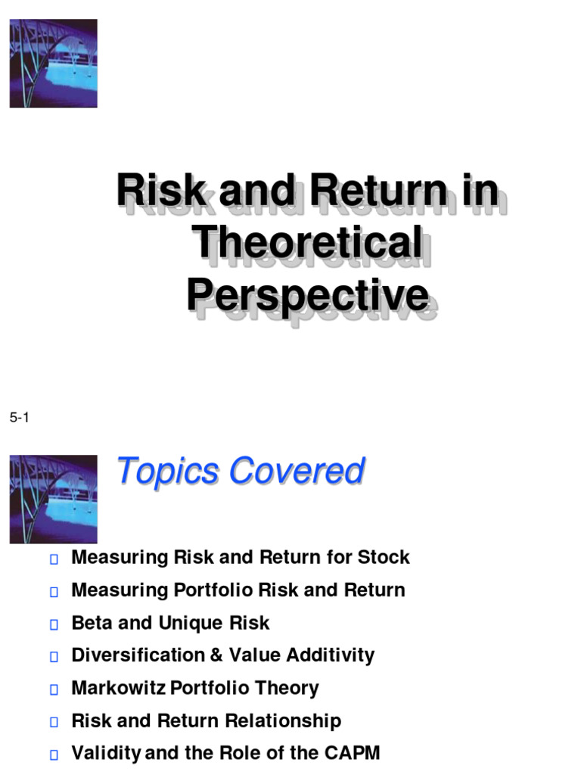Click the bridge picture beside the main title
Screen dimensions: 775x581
pyautogui.click(x=53, y=64)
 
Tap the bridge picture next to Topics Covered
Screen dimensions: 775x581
pyautogui.click(x=53, y=499)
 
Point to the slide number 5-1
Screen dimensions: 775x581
pyautogui.click(x=19, y=418)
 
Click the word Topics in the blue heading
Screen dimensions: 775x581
pyautogui.click(x=168, y=471)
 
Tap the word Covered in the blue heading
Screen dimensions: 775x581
pyautogui.click(x=297, y=471)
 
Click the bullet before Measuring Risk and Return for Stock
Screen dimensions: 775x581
pyautogui.click(x=53, y=559)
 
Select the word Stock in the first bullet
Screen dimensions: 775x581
pyautogui.click(x=384, y=558)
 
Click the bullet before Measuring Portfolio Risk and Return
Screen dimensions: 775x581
pyautogui.click(x=53, y=592)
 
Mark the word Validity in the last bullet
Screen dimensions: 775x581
pyautogui.click(x=105, y=754)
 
